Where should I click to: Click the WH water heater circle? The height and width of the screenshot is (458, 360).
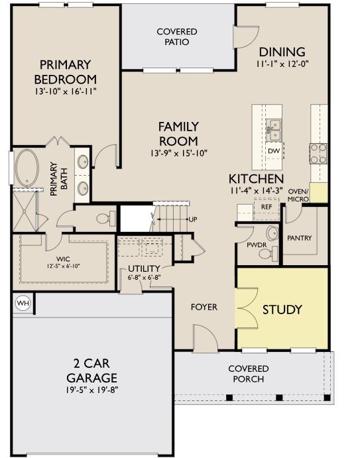click(22, 303)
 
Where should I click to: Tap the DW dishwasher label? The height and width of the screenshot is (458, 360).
click(273, 151)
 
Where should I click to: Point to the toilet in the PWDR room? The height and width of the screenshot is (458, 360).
click(272, 235)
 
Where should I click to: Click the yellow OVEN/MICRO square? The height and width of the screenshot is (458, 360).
click(319, 194)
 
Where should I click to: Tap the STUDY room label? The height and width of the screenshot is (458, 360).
click(282, 310)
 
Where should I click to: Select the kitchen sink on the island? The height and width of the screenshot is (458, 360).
click(273, 129)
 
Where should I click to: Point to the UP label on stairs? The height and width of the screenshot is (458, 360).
click(192, 219)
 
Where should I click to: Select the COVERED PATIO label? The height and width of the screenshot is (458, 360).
click(178, 36)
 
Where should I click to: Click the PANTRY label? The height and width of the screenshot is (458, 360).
click(299, 238)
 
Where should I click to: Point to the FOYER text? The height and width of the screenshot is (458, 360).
click(204, 308)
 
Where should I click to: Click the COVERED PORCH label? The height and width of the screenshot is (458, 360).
click(249, 374)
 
